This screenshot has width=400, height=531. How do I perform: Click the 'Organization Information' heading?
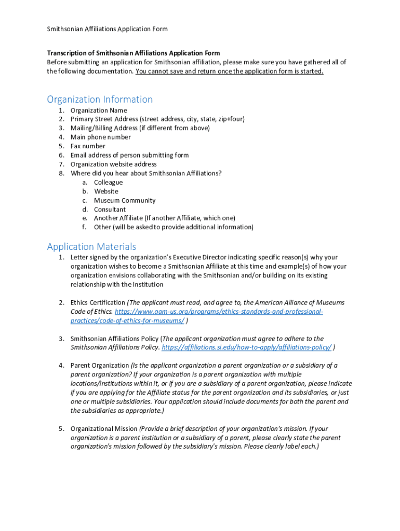point(100,99)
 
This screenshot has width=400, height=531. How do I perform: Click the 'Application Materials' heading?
point(91,246)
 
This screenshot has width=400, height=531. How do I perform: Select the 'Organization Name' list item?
point(98,110)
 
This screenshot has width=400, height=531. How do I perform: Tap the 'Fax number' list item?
point(88,146)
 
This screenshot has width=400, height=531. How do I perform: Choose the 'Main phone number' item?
point(100,137)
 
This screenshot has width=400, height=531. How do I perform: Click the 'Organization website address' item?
point(113,164)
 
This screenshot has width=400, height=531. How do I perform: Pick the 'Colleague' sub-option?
point(108,183)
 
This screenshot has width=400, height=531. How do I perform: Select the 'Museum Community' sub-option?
point(124,201)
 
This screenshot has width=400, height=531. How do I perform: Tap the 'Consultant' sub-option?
point(110,209)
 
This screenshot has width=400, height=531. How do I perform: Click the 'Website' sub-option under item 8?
point(106,191)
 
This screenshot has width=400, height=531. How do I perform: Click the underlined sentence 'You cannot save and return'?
point(229,72)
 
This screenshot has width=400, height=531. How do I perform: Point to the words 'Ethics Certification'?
point(98,302)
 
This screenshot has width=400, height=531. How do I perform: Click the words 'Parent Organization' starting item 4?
point(99,366)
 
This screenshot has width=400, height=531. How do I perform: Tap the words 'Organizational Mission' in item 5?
point(104,429)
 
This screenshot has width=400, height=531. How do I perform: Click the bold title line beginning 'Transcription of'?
point(134,53)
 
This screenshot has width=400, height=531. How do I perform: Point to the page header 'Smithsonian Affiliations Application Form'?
point(107,29)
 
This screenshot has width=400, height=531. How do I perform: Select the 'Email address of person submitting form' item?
point(129,155)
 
